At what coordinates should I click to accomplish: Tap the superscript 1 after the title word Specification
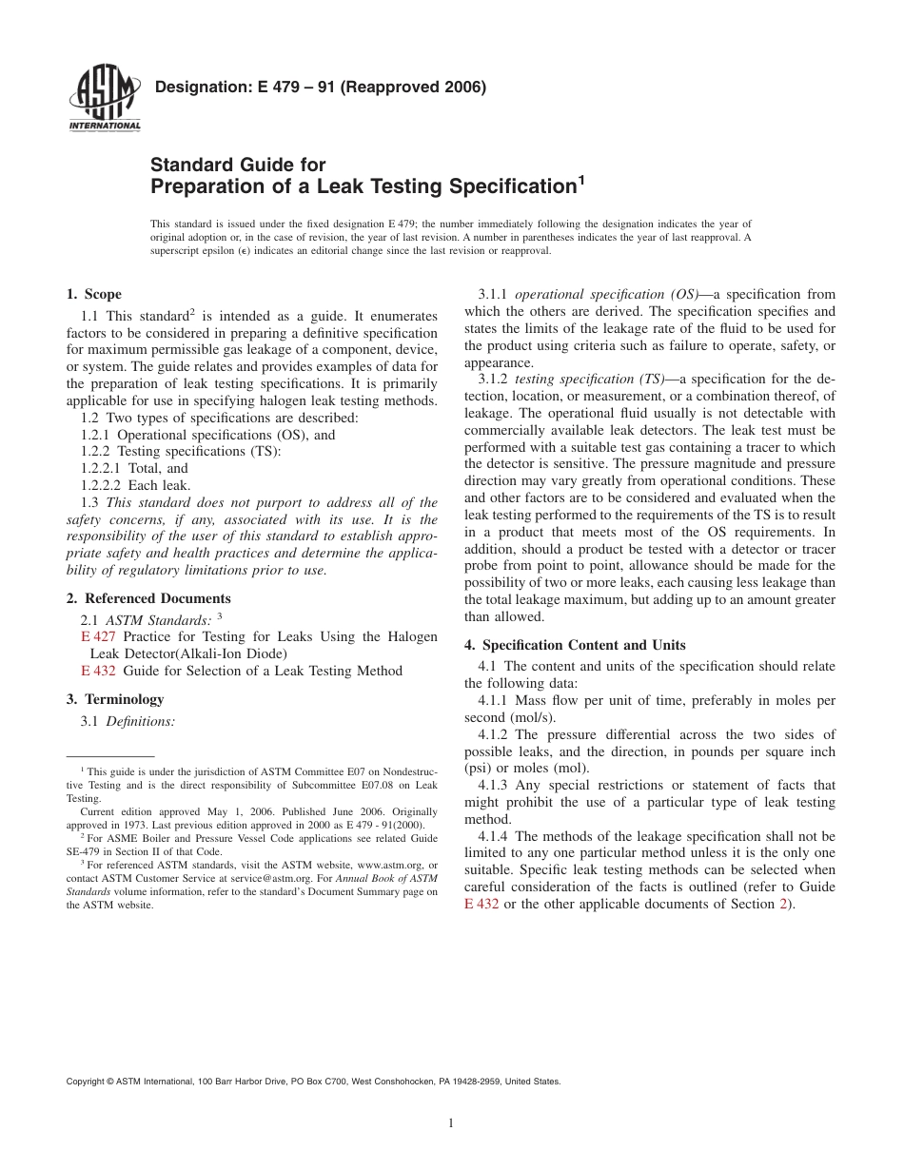coord(580,179)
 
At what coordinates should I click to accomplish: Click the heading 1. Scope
coord(93,294)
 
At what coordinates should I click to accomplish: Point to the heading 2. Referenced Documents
coord(148,598)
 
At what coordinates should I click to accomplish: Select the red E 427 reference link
coord(97,636)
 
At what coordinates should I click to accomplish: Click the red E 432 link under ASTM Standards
coord(97,671)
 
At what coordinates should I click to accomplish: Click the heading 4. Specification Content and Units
coord(575,645)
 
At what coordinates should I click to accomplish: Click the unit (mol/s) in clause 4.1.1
coord(530,717)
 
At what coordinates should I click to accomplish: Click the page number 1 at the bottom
coord(451,1122)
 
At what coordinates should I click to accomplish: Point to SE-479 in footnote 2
coord(83,851)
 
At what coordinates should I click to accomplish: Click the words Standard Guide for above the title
coord(238,165)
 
